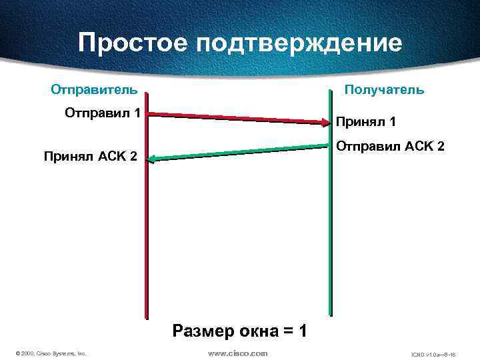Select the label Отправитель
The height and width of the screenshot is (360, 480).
[95, 89]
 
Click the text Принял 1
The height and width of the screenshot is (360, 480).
[366, 122]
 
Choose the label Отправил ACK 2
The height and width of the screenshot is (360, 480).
[390, 145]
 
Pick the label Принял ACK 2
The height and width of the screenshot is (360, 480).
[90, 157]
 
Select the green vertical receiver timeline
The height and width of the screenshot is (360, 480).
[329, 233]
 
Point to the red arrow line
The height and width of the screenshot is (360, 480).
[233, 118]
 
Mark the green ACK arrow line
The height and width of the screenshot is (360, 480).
[240, 153]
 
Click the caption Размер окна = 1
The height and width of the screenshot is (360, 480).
[239, 330]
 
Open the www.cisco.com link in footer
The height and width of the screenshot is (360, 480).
[237, 353]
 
